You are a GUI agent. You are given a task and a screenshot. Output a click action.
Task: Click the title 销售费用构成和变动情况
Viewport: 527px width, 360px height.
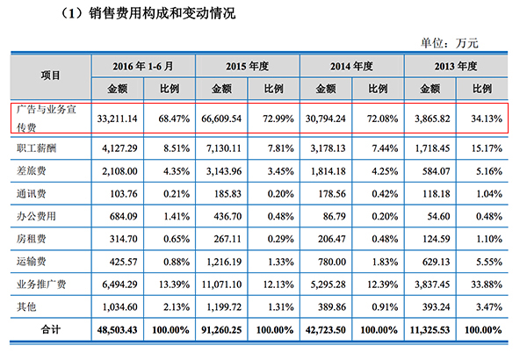[140, 15]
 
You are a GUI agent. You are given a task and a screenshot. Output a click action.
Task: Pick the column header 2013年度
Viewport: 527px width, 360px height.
[455, 66]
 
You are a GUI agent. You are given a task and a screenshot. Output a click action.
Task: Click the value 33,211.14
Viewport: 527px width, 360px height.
[117, 118]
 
